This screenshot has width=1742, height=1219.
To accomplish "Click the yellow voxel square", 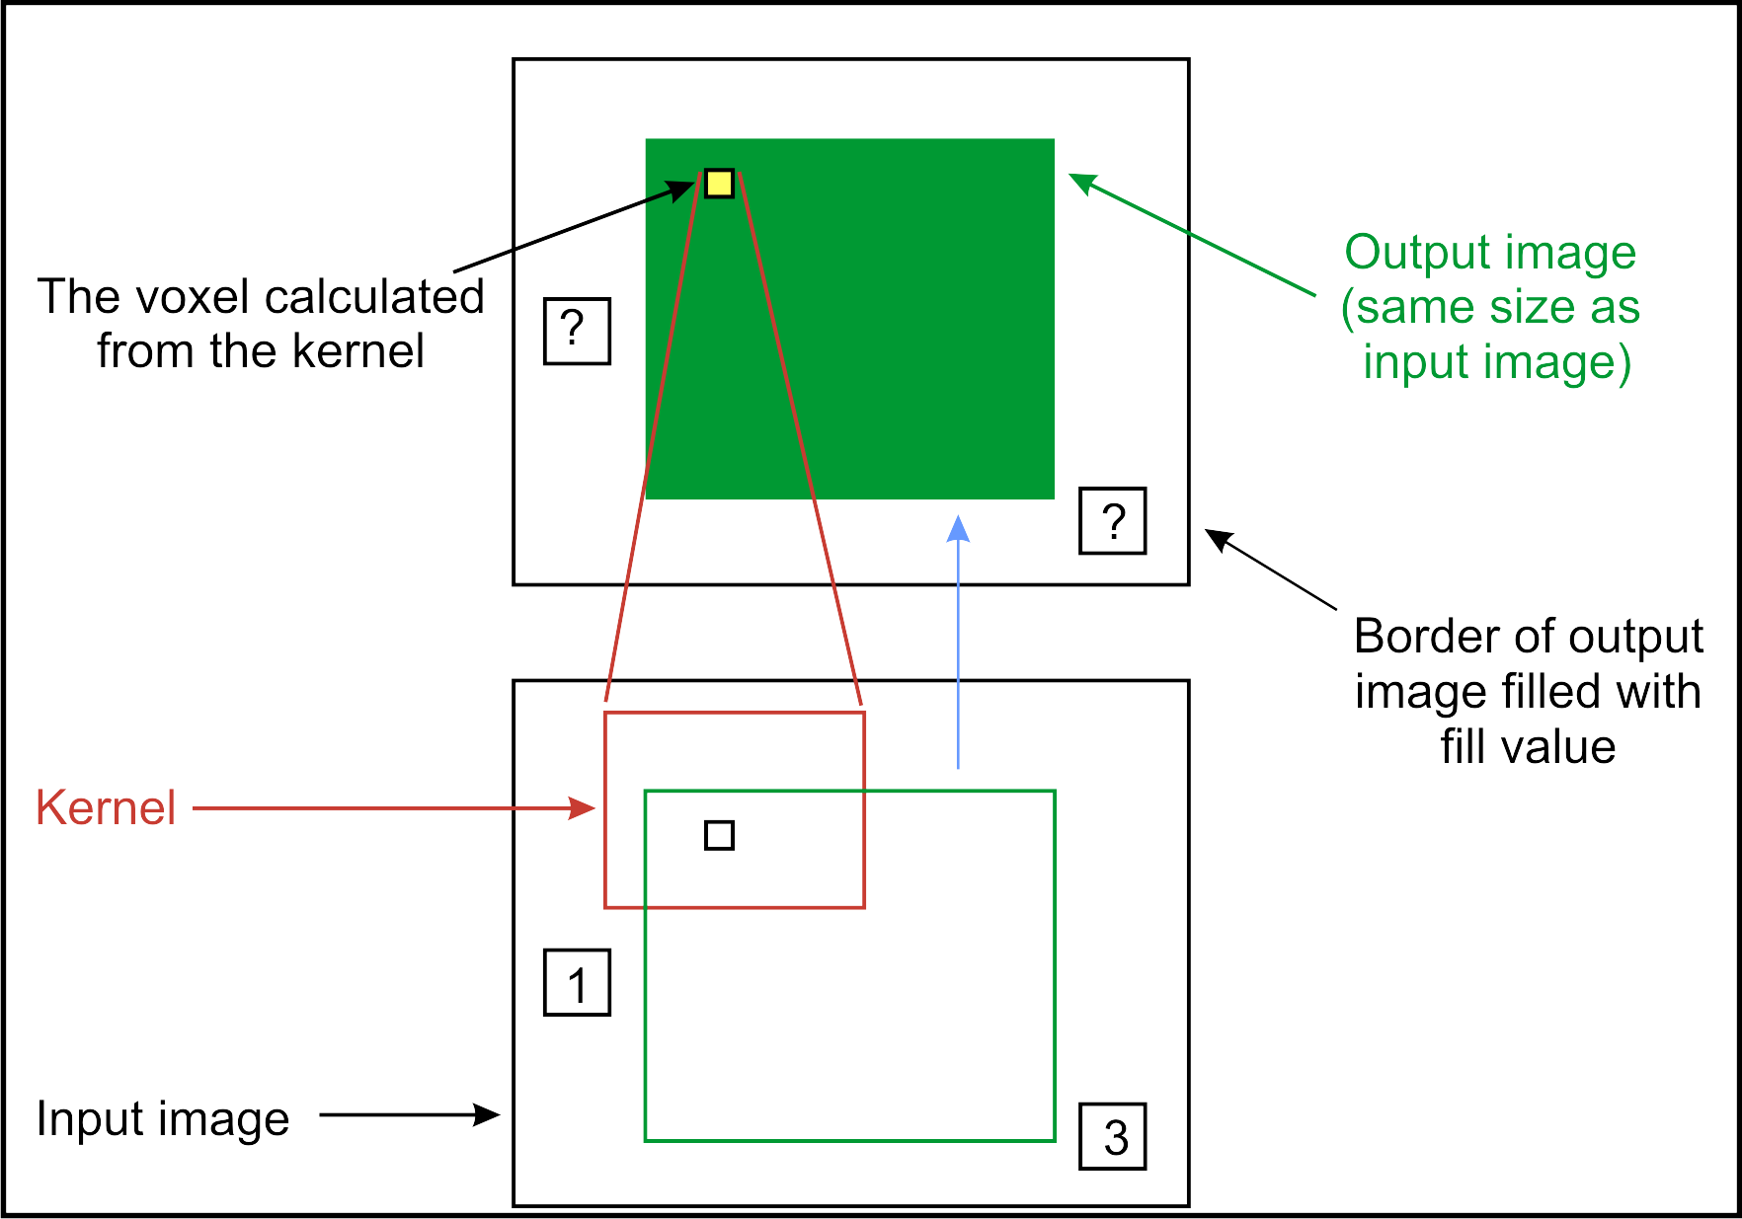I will pyautogui.click(x=719, y=184).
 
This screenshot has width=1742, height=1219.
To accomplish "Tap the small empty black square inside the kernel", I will pyautogui.click(x=719, y=835).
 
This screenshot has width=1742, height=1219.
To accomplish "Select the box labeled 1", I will pyautogui.click(x=578, y=983).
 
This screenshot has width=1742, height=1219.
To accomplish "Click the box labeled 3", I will pyautogui.click(x=1113, y=1136).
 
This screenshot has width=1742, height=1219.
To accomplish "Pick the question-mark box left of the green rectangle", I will pyautogui.click(x=578, y=332).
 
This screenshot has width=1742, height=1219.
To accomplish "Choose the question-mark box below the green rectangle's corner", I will pyautogui.click(x=1113, y=520).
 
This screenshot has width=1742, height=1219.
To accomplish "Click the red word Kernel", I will pyautogui.click(x=106, y=807).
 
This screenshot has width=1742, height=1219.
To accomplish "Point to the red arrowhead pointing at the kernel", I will pyautogui.click(x=585, y=808).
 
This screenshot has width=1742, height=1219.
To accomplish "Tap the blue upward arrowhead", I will pyautogui.click(x=958, y=530).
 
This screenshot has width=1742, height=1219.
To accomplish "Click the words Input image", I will pyautogui.click(x=163, y=1119).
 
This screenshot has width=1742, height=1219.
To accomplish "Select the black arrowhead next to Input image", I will pyautogui.click(x=488, y=1115).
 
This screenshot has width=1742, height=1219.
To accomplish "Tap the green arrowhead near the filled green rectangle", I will pyautogui.click(x=1082, y=183).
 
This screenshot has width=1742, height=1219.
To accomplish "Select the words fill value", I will pyautogui.click(x=1528, y=747).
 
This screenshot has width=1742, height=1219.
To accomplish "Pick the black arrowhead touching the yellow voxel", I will pyautogui.click(x=683, y=189).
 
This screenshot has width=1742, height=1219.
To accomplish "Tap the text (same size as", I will pyautogui.click(x=1490, y=307).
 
